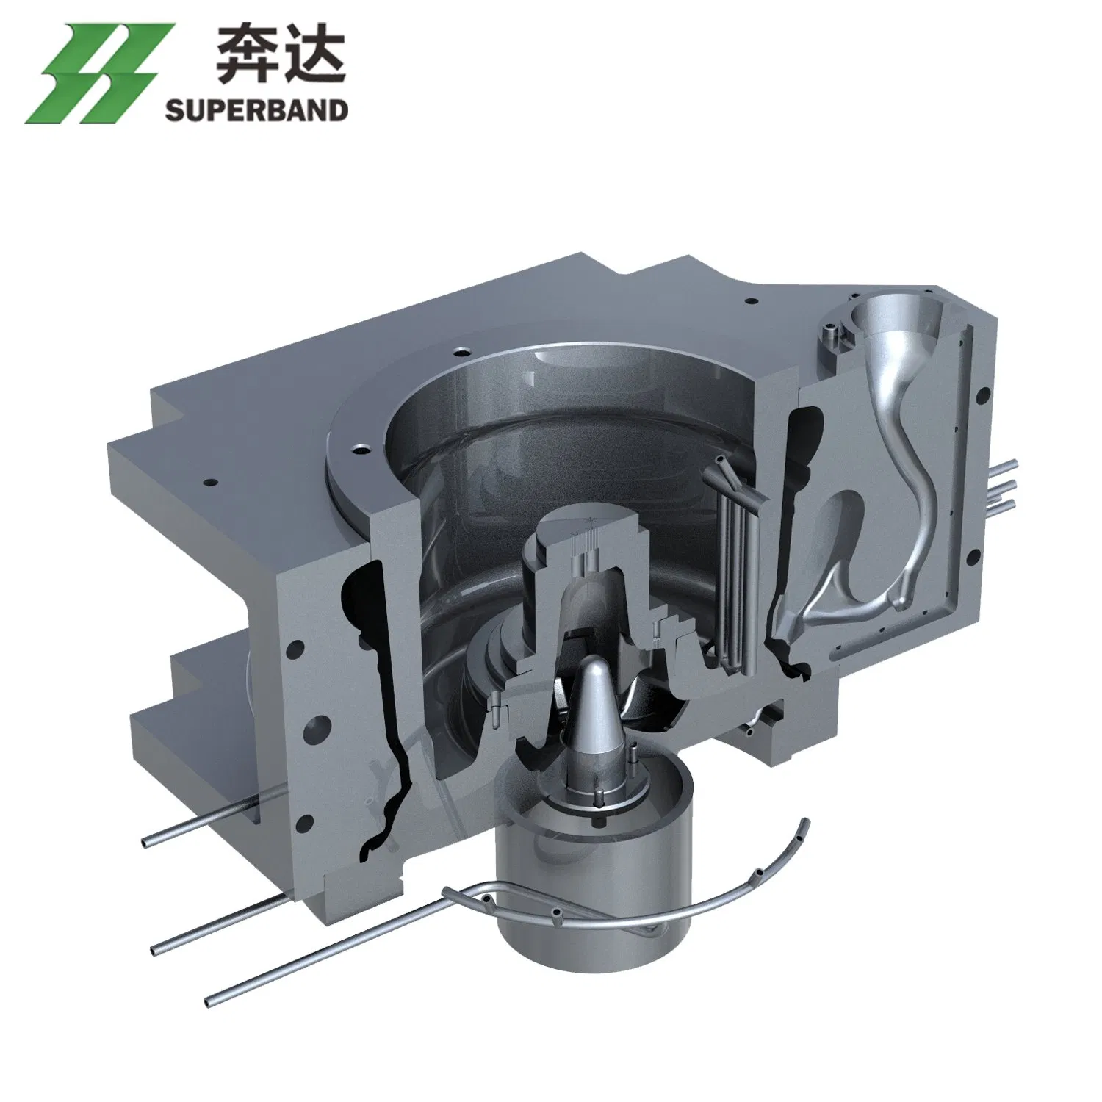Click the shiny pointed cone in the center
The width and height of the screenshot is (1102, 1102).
point(595,694)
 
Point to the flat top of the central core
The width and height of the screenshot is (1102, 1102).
point(580,526)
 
